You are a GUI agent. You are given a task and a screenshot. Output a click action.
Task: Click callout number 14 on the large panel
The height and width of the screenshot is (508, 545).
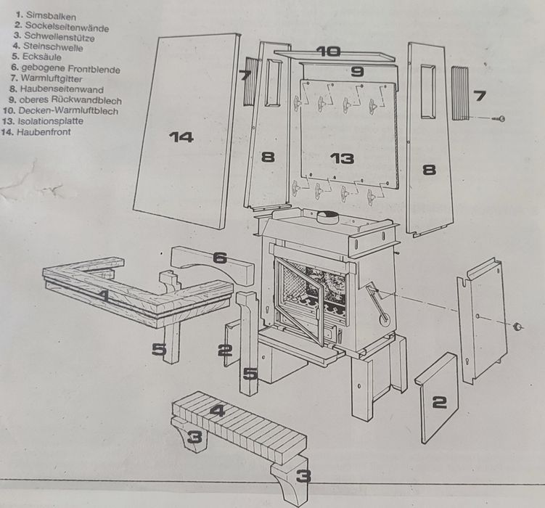click(x=181, y=136)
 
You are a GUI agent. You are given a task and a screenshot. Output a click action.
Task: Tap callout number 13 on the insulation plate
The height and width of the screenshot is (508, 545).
click(x=342, y=159)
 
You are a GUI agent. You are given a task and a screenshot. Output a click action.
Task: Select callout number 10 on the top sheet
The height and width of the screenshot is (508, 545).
click(x=327, y=52)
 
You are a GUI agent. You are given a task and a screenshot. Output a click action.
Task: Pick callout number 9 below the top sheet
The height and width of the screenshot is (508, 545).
click(x=357, y=71)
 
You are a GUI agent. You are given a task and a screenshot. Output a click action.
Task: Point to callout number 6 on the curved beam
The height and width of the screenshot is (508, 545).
click(x=220, y=258)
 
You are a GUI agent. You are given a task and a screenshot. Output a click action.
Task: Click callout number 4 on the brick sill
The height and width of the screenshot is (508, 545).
click(x=218, y=410)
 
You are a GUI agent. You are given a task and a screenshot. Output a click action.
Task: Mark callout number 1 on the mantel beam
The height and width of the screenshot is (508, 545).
click(x=105, y=296)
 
